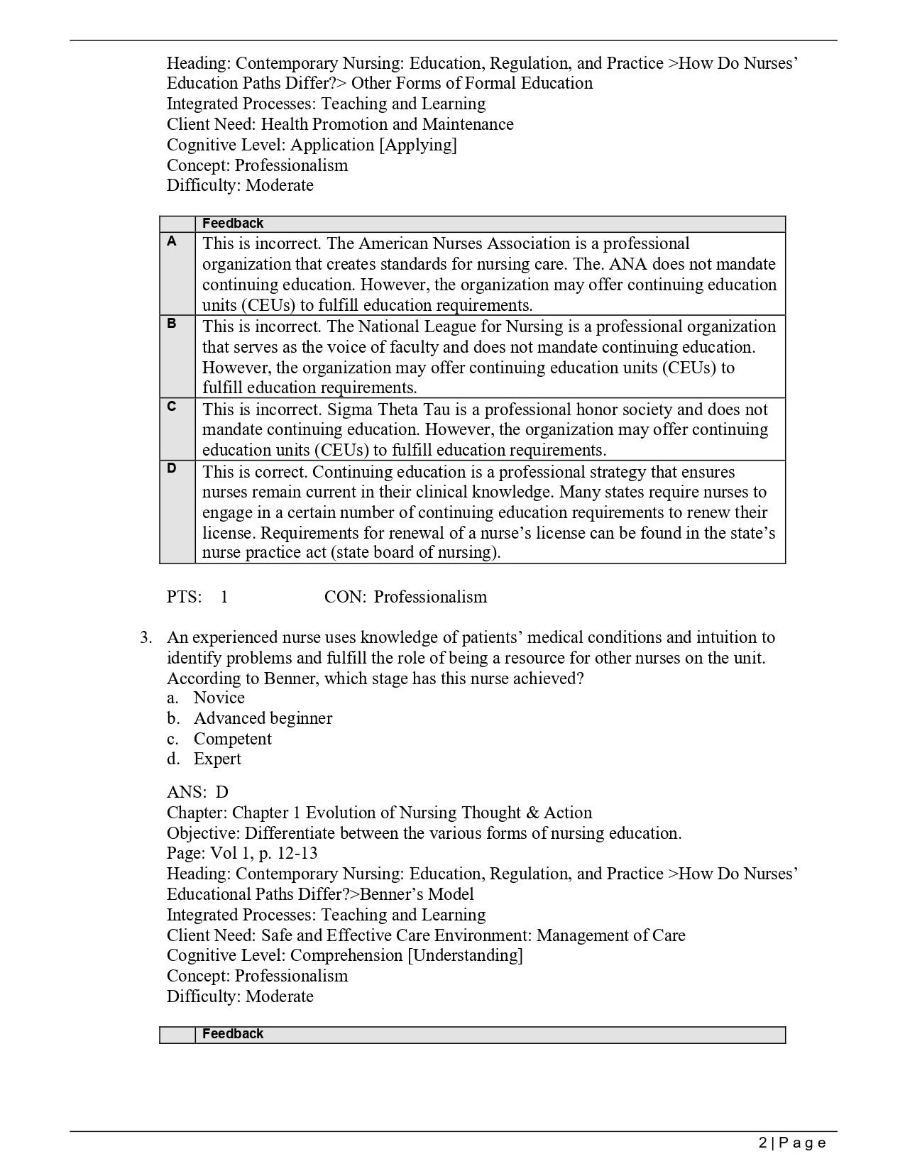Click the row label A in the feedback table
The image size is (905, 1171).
[172, 241]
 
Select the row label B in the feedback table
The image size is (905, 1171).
[172, 324]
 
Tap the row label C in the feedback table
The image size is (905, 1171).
[172, 407]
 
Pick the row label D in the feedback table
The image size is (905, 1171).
[172, 468]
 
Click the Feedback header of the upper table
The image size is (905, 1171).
[233, 224]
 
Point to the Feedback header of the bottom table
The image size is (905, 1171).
[233, 1034]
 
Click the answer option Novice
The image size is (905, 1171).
[219, 698]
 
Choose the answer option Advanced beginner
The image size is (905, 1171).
[263, 718]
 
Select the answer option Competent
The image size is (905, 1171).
[233, 739]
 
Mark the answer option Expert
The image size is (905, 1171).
[217, 759]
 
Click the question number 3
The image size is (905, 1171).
[146, 637]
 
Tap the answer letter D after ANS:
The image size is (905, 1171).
[222, 792]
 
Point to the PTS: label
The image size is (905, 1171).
[185, 597]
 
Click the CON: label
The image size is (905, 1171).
[345, 597]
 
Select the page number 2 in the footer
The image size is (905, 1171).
[762, 1143]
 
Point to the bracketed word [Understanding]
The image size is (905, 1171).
[465, 955]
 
